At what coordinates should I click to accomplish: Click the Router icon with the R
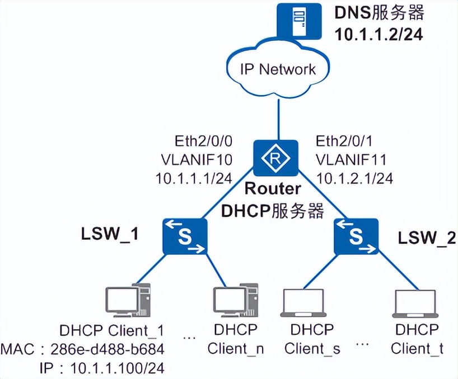tap(275, 158)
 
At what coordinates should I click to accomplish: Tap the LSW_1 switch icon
tap(185, 236)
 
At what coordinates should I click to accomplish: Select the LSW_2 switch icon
tap(356, 236)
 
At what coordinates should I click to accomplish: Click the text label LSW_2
tap(427, 238)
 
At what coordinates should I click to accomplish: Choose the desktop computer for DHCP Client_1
tap(129, 303)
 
